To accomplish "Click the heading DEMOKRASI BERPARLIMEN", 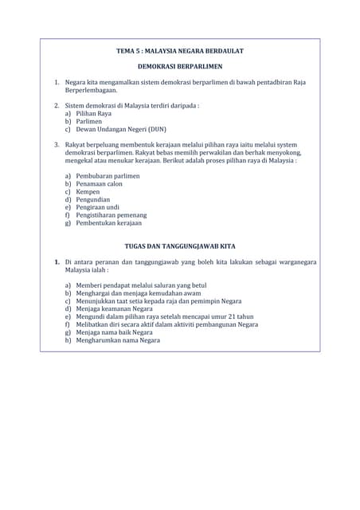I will (x=179, y=66).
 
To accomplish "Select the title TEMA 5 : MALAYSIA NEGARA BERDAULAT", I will (x=179, y=51).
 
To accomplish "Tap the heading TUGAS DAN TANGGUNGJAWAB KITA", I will (x=179, y=246).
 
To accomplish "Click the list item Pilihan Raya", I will (x=94, y=113).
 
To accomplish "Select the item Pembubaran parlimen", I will (x=108, y=175).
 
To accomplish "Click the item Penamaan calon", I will (x=100, y=183).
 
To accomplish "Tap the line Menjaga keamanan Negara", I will (x=114, y=308).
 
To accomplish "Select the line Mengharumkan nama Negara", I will (x=118, y=340).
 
